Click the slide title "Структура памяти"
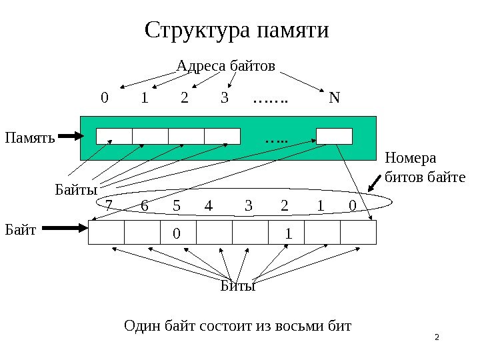click(x=237, y=31)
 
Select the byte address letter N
click(x=334, y=99)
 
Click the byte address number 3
click(x=225, y=99)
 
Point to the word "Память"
click(x=28, y=138)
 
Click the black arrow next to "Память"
click(x=70, y=137)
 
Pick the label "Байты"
click(x=71, y=191)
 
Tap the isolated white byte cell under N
click(x=333, y=136)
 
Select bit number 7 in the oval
click(x=109, y=206)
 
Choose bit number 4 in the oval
click(x=208, y=206)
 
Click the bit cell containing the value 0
click(x=178, y=233)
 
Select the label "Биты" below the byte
click(x=238, y=287)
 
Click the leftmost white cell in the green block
click(x=114, y=136)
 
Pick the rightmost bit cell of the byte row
click(x=359, y=233)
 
